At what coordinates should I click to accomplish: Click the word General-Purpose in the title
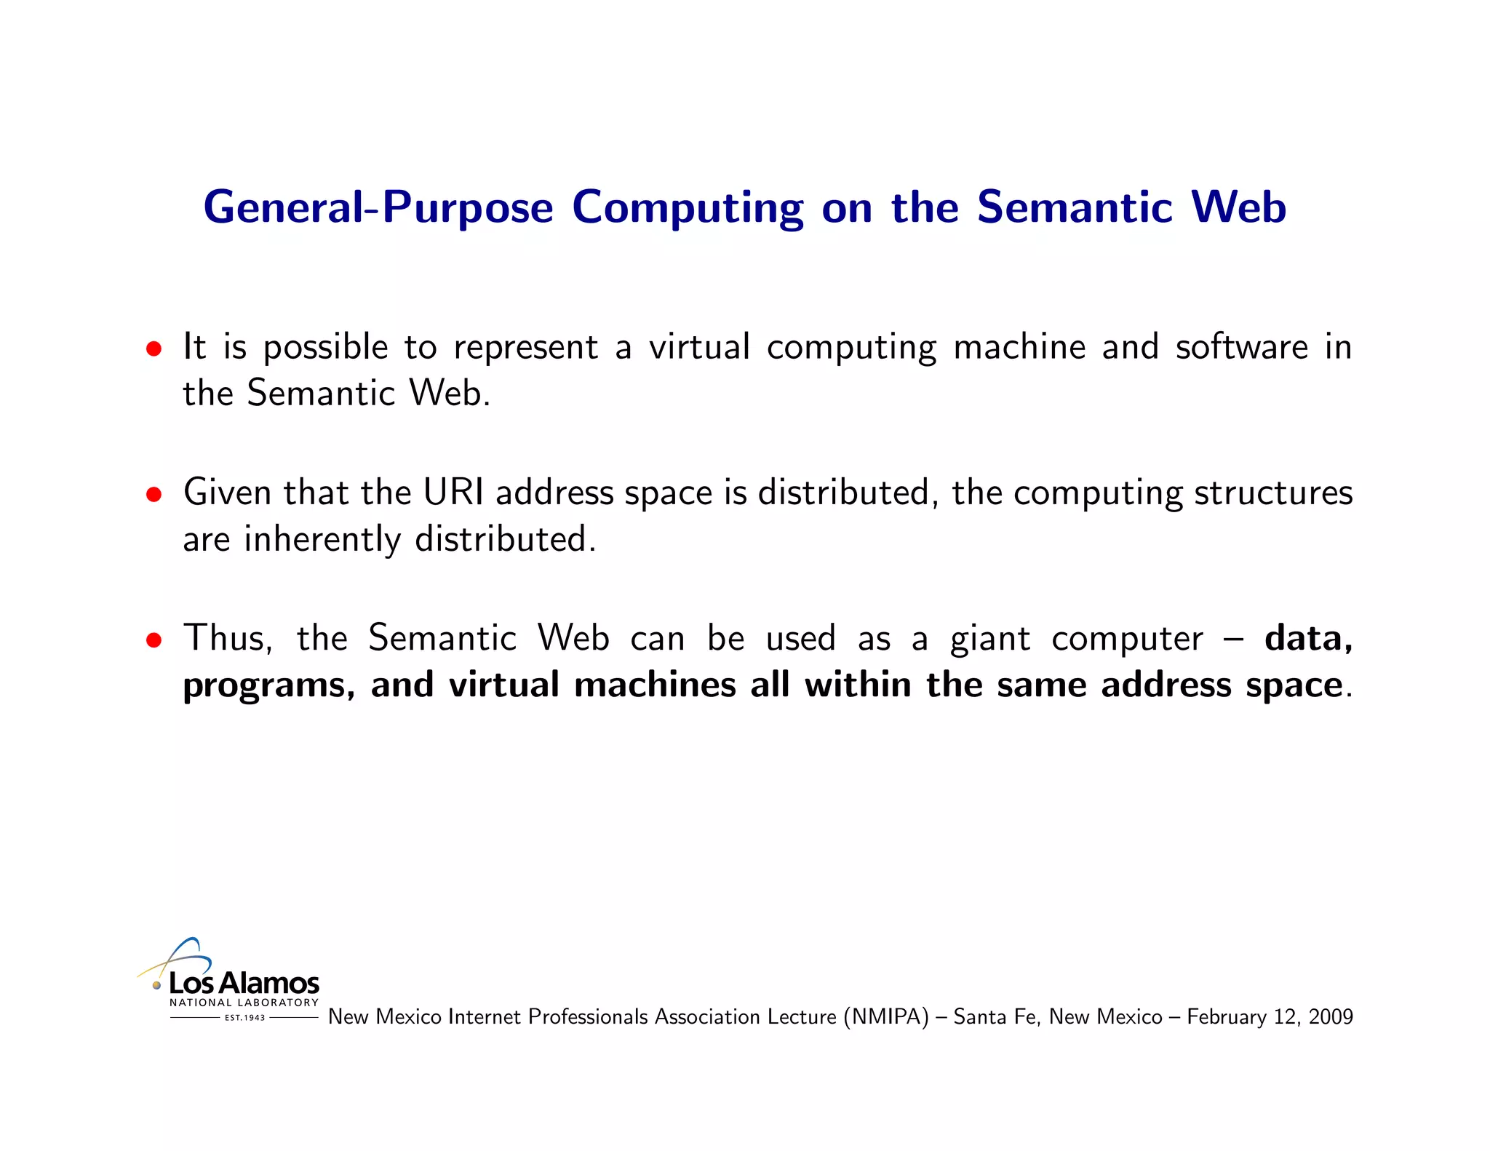tap(378, 208)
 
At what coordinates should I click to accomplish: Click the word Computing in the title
tap(688, 208)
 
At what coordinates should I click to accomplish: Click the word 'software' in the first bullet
tap(1242, 347)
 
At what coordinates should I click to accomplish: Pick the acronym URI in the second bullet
tap(453, 493)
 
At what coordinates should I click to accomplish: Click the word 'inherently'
tap(322, 540)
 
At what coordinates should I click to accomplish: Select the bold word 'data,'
tap(1308, 638)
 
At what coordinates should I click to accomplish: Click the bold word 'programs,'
tap(268, 686)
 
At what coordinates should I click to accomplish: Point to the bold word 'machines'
tap(655, 685)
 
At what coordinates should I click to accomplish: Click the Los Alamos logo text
tap(244, 983)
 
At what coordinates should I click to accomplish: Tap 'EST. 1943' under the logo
tap(244, 1018)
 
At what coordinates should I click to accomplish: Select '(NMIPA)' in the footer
tap(886, 1016)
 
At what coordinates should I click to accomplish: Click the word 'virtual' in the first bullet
tap(698, 347)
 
